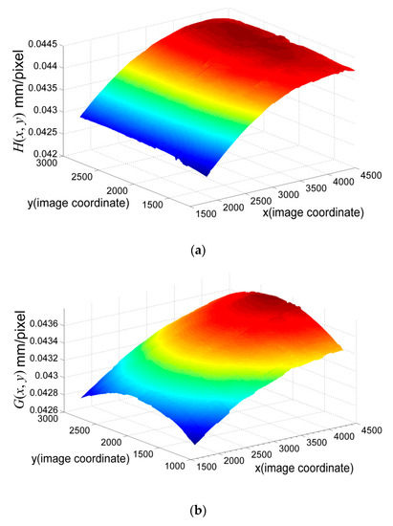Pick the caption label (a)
(x=197, y=250)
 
